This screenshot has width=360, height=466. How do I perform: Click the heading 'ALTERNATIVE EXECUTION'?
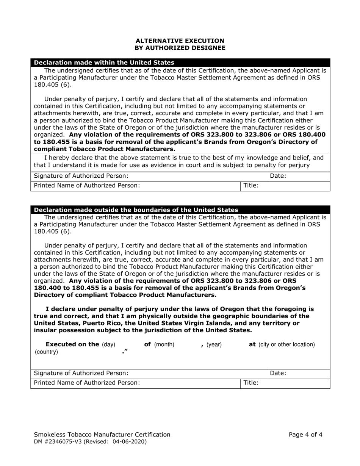tap(180, 41)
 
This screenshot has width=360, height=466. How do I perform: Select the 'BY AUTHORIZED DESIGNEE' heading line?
tap(180, 48)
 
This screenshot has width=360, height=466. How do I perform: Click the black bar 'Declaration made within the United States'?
tap(104, 63)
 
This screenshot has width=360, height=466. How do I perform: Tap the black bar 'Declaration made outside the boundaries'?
tap(136, 210)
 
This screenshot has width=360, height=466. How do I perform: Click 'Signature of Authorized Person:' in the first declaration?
tap(81, 176)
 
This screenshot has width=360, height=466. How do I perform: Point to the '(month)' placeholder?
tap(164, 345)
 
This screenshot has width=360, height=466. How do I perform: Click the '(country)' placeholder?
tap(46, 352)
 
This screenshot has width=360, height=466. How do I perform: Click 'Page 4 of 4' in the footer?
tap(305, 435)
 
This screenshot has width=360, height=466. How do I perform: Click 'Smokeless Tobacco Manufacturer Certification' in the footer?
tap(102, 435)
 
